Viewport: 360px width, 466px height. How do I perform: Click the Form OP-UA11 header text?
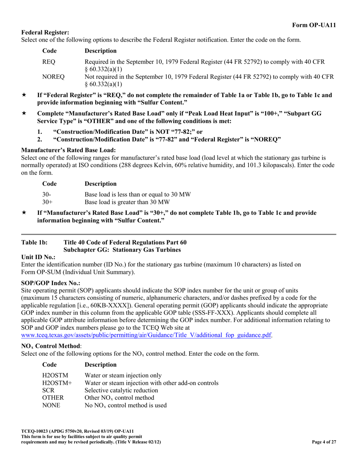pos(314,25)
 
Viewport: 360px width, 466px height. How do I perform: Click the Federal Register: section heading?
pos(45,33)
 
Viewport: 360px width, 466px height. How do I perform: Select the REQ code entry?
pos(49,62)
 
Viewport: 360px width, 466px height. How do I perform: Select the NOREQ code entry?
pos(53,77)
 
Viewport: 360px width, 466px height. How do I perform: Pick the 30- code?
pos(47,194)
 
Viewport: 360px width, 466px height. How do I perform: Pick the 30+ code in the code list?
pos(47,202)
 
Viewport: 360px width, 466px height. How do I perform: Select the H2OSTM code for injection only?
pos(55,375)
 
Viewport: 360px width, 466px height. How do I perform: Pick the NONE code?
pos(51,405)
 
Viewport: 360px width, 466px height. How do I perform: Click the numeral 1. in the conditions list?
pos(40,132)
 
